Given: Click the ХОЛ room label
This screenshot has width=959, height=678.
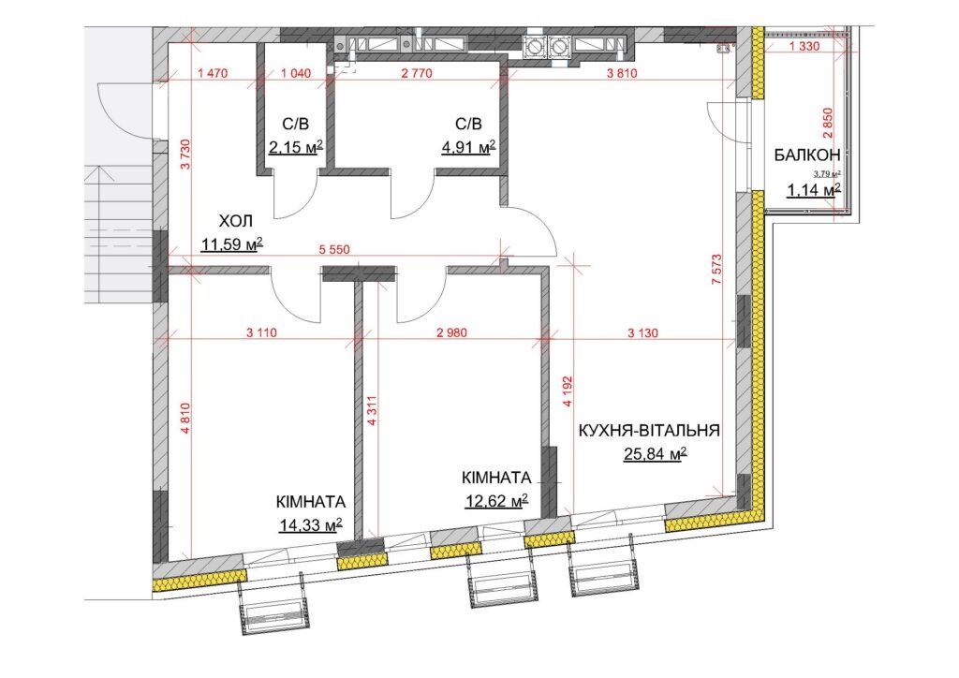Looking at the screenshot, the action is point(235,221).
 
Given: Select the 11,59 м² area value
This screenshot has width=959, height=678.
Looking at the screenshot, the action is point(232,245).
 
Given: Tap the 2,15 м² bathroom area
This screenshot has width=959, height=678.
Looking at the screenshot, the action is point(295,147).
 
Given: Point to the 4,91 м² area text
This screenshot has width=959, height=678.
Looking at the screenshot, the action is point(468,147).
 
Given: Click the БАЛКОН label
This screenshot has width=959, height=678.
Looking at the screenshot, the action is point(807,155).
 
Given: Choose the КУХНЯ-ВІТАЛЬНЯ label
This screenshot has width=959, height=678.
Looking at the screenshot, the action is point(649,431).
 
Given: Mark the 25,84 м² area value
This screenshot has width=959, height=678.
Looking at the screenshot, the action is point(655,454).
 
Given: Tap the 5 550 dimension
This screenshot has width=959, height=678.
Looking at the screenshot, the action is point(334,250).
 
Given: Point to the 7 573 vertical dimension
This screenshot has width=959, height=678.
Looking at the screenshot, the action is point(717,269).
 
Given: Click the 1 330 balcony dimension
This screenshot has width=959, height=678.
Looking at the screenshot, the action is point(804,47).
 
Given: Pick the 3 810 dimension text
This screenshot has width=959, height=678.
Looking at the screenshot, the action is point(622,73).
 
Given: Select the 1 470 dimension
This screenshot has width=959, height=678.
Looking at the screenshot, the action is point(213,73).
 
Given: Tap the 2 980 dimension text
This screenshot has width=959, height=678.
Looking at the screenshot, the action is point(451,333).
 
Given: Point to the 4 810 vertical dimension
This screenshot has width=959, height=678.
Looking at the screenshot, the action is point(186,418).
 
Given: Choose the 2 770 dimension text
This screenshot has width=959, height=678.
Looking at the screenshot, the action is point(417,73).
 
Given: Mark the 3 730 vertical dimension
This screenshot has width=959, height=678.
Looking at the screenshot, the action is point(186,155).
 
